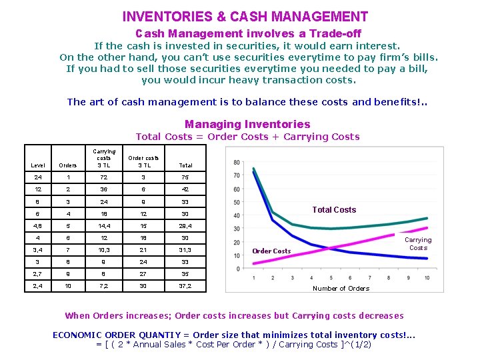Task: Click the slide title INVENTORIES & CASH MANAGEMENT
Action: coord(245,17)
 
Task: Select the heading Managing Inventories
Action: coord(247,124)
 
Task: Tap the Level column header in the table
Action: coord(38,165)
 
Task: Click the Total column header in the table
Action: coord(185,165)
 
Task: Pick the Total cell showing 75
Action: coord(185,178)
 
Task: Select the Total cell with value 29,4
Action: coord(185,227)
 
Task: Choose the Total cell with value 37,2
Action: coord(185,286)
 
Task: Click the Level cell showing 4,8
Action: coord(38,227)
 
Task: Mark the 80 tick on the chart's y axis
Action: coord(237,163)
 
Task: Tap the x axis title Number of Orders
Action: coord(341,288)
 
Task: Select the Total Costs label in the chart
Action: coord(334,210)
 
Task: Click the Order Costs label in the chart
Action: coord(271,251)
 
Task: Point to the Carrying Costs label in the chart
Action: coord(418,243)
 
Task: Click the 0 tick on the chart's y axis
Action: coord(239,269)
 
